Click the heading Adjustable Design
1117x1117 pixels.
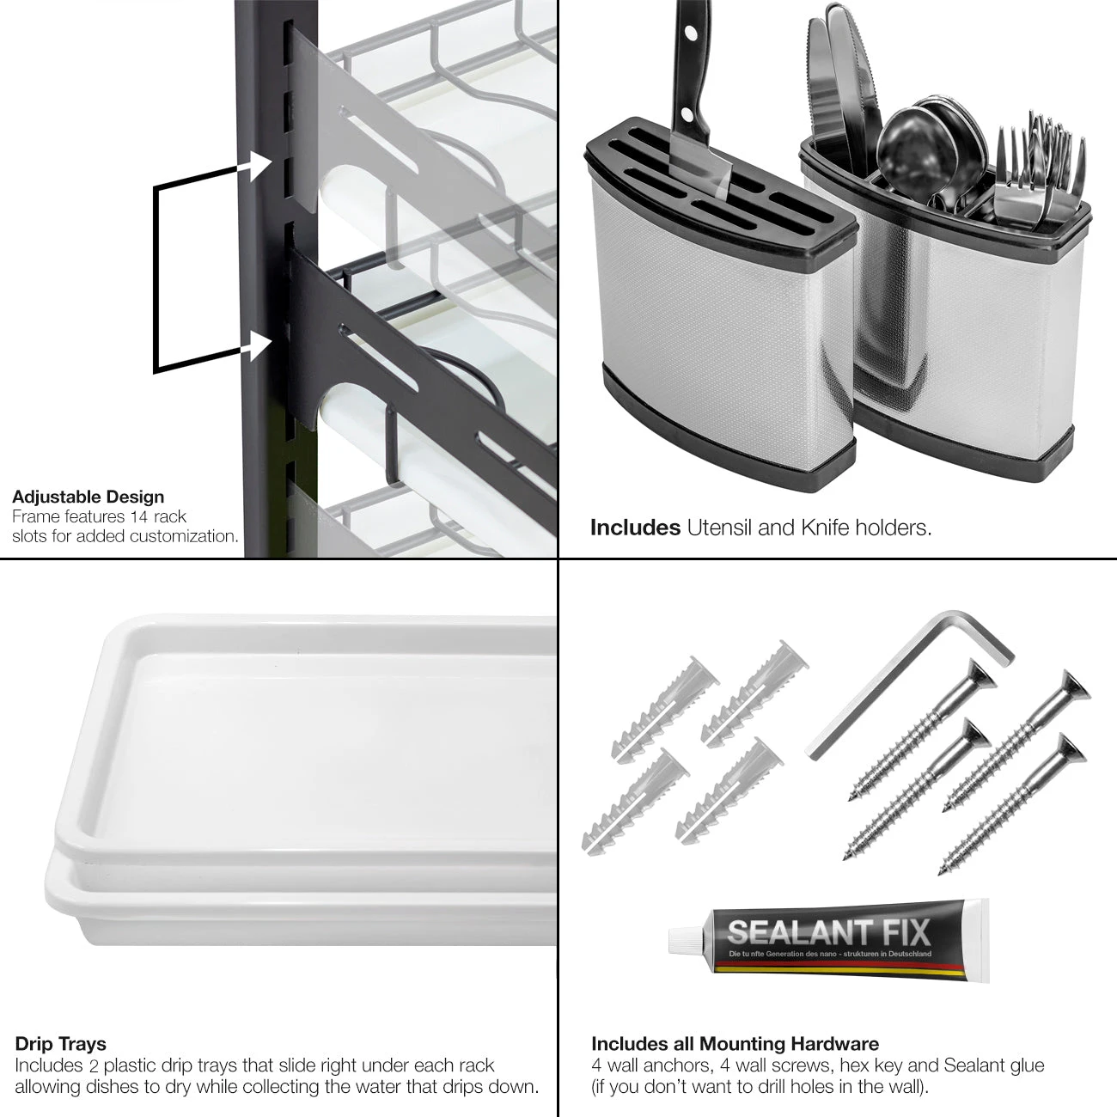click(x=88, y=497)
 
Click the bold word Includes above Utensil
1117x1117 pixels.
click(x=635, y=528)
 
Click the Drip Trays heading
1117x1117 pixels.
click(x=61, y=1044)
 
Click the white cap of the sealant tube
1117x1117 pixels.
click(x=682, y=939)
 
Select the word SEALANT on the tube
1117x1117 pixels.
click(x=789, y=932)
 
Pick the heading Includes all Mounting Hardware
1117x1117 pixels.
click(x=735, y=1044)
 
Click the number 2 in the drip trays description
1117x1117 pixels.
click(x=94, y=1066)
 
